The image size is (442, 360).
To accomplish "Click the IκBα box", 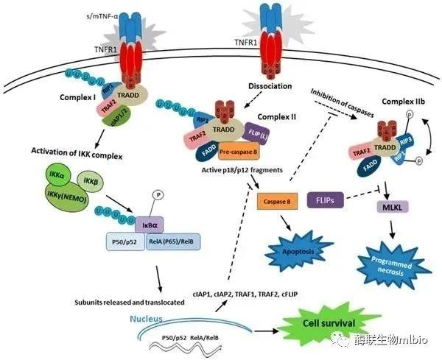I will pos(152,222).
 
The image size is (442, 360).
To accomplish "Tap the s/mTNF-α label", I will pos(99,14).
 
